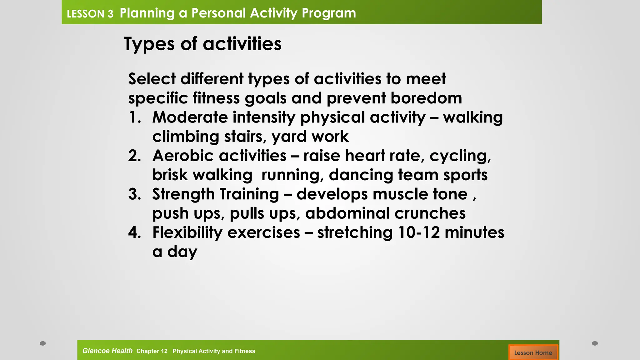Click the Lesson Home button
coord(533,352)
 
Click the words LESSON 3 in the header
coord(90,14)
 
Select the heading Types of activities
coord(202,44)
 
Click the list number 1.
coord(135,118)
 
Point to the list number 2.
coord(135,156)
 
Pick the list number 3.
coord(135,194)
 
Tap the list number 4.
coord(135,233)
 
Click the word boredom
coord(426,98)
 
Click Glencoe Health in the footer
coord(107,351)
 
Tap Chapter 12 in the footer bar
coord(152,351)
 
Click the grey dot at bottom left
coord(43,343)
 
